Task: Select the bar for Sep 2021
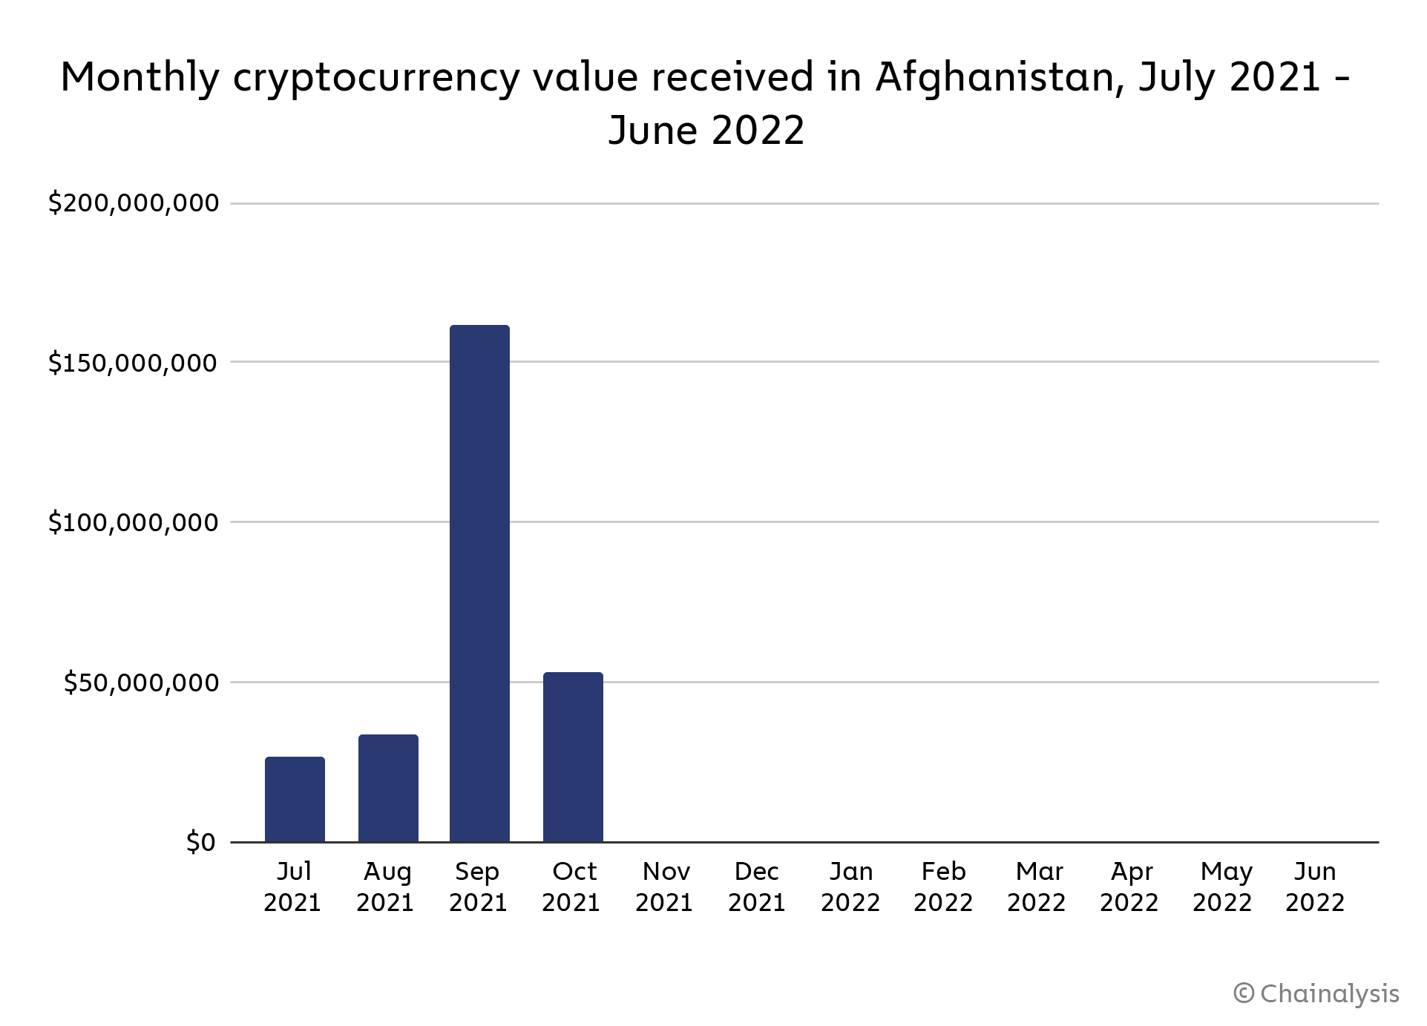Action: pyautogui.click(x=479, y=583)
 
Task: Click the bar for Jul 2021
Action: pyautogui.click(x=295, y=799)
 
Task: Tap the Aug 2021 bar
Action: pyautogui.click(x=388, y=788)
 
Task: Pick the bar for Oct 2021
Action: pyautogui.click(x=573, y=757)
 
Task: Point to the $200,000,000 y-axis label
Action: pyautogui.click(x=134, y=203)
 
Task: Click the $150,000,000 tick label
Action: pyautogui.click(x=134, y=362)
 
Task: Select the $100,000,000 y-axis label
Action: pyautogui.click(x=134, y=522)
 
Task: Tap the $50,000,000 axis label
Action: pyautogui.click(x=141, y=683)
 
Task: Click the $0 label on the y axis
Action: pyautogui.click(x=200, y=842)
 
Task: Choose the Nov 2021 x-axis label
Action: pyautogui.click(x=665, y=887)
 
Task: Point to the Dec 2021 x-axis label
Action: pyautogui.click(x=757, y=887)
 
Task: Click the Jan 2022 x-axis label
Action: pyautogui.click(x=850, y=887)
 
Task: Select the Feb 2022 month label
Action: pyautogui.click(x=943, y=887)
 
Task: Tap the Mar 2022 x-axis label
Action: pyautogui.click(x=1037, y=887)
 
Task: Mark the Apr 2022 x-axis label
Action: pyautogui.click(x=1129, y=887)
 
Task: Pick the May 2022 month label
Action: pyautogui.click(x=1223, y=887)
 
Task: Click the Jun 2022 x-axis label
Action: pyautogui.click(x=1315, y=887)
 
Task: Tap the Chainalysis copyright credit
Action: pyautogui.click(x=1317, y=993)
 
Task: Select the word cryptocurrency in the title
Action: pyautogui.click(x=376, y=78)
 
